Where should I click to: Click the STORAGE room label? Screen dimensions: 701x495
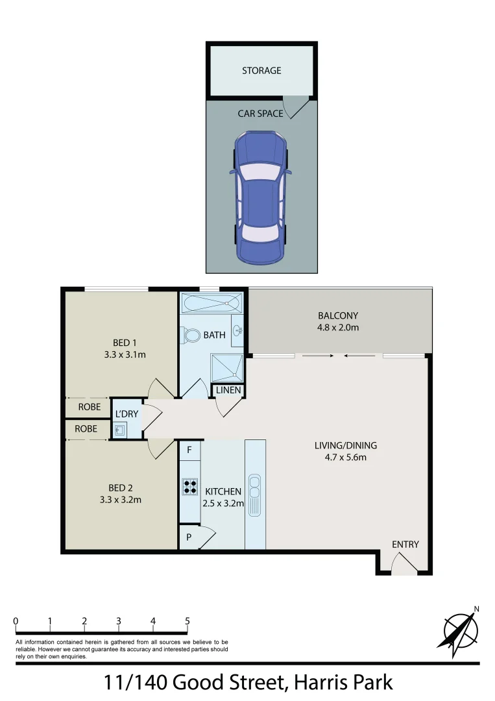pyautogui.click(x=261, y=70)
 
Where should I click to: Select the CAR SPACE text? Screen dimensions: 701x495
pyautogui.click(x=260, y=114)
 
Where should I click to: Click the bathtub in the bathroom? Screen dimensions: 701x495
pyautogui.click(x=211, y=303)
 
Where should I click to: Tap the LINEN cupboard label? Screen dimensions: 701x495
pyautogui.click(x=228, y=390)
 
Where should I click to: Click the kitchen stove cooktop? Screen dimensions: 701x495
pyautogui.click(x=189, y=486)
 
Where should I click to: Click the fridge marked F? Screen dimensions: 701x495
pyautogui.click(x=189, y=449)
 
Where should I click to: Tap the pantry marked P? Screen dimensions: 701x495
pyautogui.click(x=189, y=538)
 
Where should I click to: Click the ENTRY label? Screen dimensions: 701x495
pyautogui.click(x=405, y=544)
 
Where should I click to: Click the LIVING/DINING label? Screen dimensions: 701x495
pyautogui.click(x=345, y=446)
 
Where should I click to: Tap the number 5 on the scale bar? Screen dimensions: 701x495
pyautogui.click(x=187, y=621)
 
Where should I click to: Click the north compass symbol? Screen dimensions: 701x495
pyautogui.click(x=461, y=628)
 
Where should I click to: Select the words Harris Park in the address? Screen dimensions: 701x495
pyautogui.click(x=343, y=683)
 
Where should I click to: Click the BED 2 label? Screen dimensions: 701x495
pyautogui.click(x=120, y=487)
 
